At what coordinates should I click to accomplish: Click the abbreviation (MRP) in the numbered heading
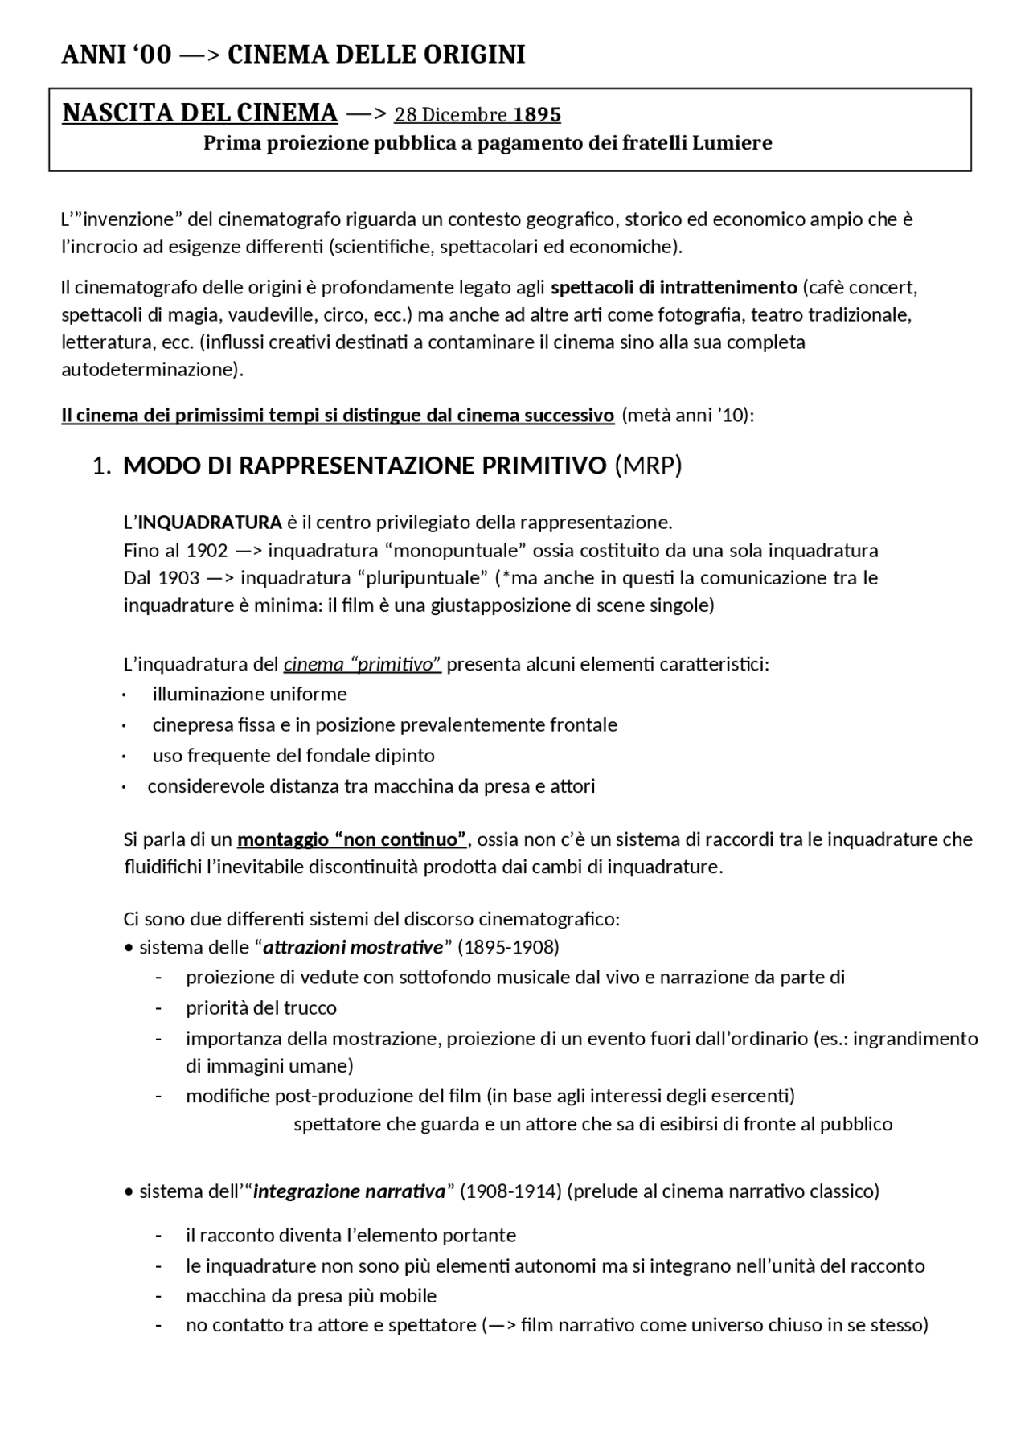coord(647,466)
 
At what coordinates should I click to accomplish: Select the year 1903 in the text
coord(179,578)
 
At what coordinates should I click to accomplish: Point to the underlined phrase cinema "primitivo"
coord(362,665)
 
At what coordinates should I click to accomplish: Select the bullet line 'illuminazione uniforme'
coord(249,694)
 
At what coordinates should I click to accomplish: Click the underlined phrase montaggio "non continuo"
coord(352,839)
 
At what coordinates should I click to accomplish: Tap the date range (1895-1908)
coord(508,947)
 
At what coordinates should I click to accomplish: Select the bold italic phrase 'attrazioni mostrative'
coord(353,947)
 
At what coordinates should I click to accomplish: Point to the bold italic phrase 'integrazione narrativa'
coord(349,1191)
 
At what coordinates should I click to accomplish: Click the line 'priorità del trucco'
coord(261,1008)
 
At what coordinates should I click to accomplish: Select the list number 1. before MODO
coord(100,466)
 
